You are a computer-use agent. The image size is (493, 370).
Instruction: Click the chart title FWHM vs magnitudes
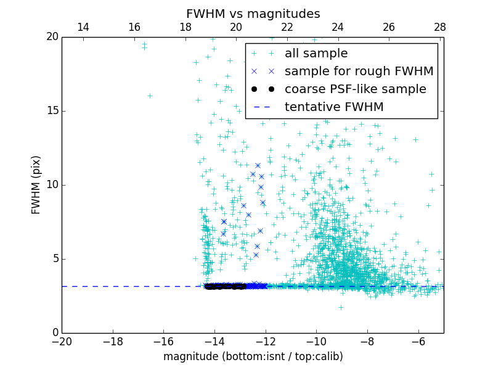[253, 14]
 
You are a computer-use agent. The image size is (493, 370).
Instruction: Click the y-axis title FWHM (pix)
[36, 185]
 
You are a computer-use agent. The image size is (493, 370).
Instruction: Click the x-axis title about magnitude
[253, 356]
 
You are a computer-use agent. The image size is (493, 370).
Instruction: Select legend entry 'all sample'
[316, 54]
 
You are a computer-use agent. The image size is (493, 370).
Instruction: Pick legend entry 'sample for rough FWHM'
[359, 72]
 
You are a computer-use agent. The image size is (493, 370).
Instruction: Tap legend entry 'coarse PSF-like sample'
[355, 89]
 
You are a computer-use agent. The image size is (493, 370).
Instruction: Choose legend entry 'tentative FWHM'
[334, 107]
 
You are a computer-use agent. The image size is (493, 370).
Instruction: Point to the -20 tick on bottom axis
[62, 341]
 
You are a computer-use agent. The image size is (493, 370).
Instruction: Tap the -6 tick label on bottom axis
[418, 341]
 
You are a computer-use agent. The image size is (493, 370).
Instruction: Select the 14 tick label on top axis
[83, 27]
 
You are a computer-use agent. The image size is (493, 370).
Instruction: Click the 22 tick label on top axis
[287, 27]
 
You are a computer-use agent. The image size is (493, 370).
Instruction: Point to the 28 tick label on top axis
[439, 27]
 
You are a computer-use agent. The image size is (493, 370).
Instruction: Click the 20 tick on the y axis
[52, 37]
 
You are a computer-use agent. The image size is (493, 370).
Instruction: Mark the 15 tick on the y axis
[52, 111]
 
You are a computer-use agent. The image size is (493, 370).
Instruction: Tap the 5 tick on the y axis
[54, 259]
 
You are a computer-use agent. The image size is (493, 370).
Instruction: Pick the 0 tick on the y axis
[54, 333]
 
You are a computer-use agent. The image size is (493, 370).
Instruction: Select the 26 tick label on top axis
[388, 27]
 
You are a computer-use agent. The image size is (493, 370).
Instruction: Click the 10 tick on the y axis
[52, 185]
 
